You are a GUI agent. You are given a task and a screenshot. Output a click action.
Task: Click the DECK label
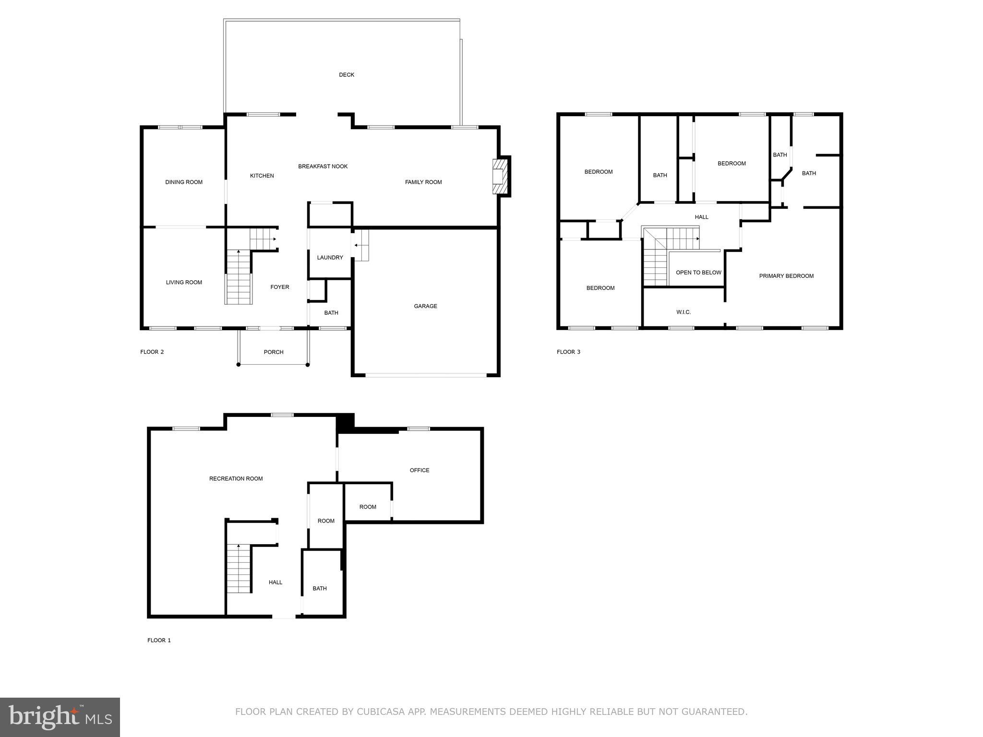tap(347, 75)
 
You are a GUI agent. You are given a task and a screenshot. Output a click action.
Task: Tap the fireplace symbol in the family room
tap(500, 177)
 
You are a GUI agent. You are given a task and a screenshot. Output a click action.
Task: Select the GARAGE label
tap(425, 306)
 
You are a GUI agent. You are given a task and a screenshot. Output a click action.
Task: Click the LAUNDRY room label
tap(330, 258)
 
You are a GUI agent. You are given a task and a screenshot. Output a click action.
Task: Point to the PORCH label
tap(274, 352)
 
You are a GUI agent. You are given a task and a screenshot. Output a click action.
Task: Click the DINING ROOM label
tap(184, 182)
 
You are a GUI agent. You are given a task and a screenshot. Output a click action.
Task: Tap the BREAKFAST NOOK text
tap(323, 166)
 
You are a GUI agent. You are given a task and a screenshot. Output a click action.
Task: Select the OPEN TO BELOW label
tap(698, 273)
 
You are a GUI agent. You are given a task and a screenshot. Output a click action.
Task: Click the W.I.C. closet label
tap(683, 312)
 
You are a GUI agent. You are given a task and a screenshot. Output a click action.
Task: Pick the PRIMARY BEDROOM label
tap(786, 276)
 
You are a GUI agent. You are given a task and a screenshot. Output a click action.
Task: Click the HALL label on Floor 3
tap(701, 217)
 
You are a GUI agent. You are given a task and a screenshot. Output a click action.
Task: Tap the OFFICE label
tap(420, 470)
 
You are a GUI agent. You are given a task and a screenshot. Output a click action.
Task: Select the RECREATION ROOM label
tap(236, 478)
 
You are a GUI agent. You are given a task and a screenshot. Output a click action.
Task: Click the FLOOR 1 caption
tap(159, 640)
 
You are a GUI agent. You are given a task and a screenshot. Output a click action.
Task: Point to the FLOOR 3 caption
tap(568, 352)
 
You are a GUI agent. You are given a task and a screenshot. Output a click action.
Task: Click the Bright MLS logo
tap(60, 717)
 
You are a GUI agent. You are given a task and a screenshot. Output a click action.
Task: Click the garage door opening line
tap(426, 375)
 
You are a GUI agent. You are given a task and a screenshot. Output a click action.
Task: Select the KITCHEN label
tap(262, 176)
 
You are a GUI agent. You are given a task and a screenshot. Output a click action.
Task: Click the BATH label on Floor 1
tap(320, 589)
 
